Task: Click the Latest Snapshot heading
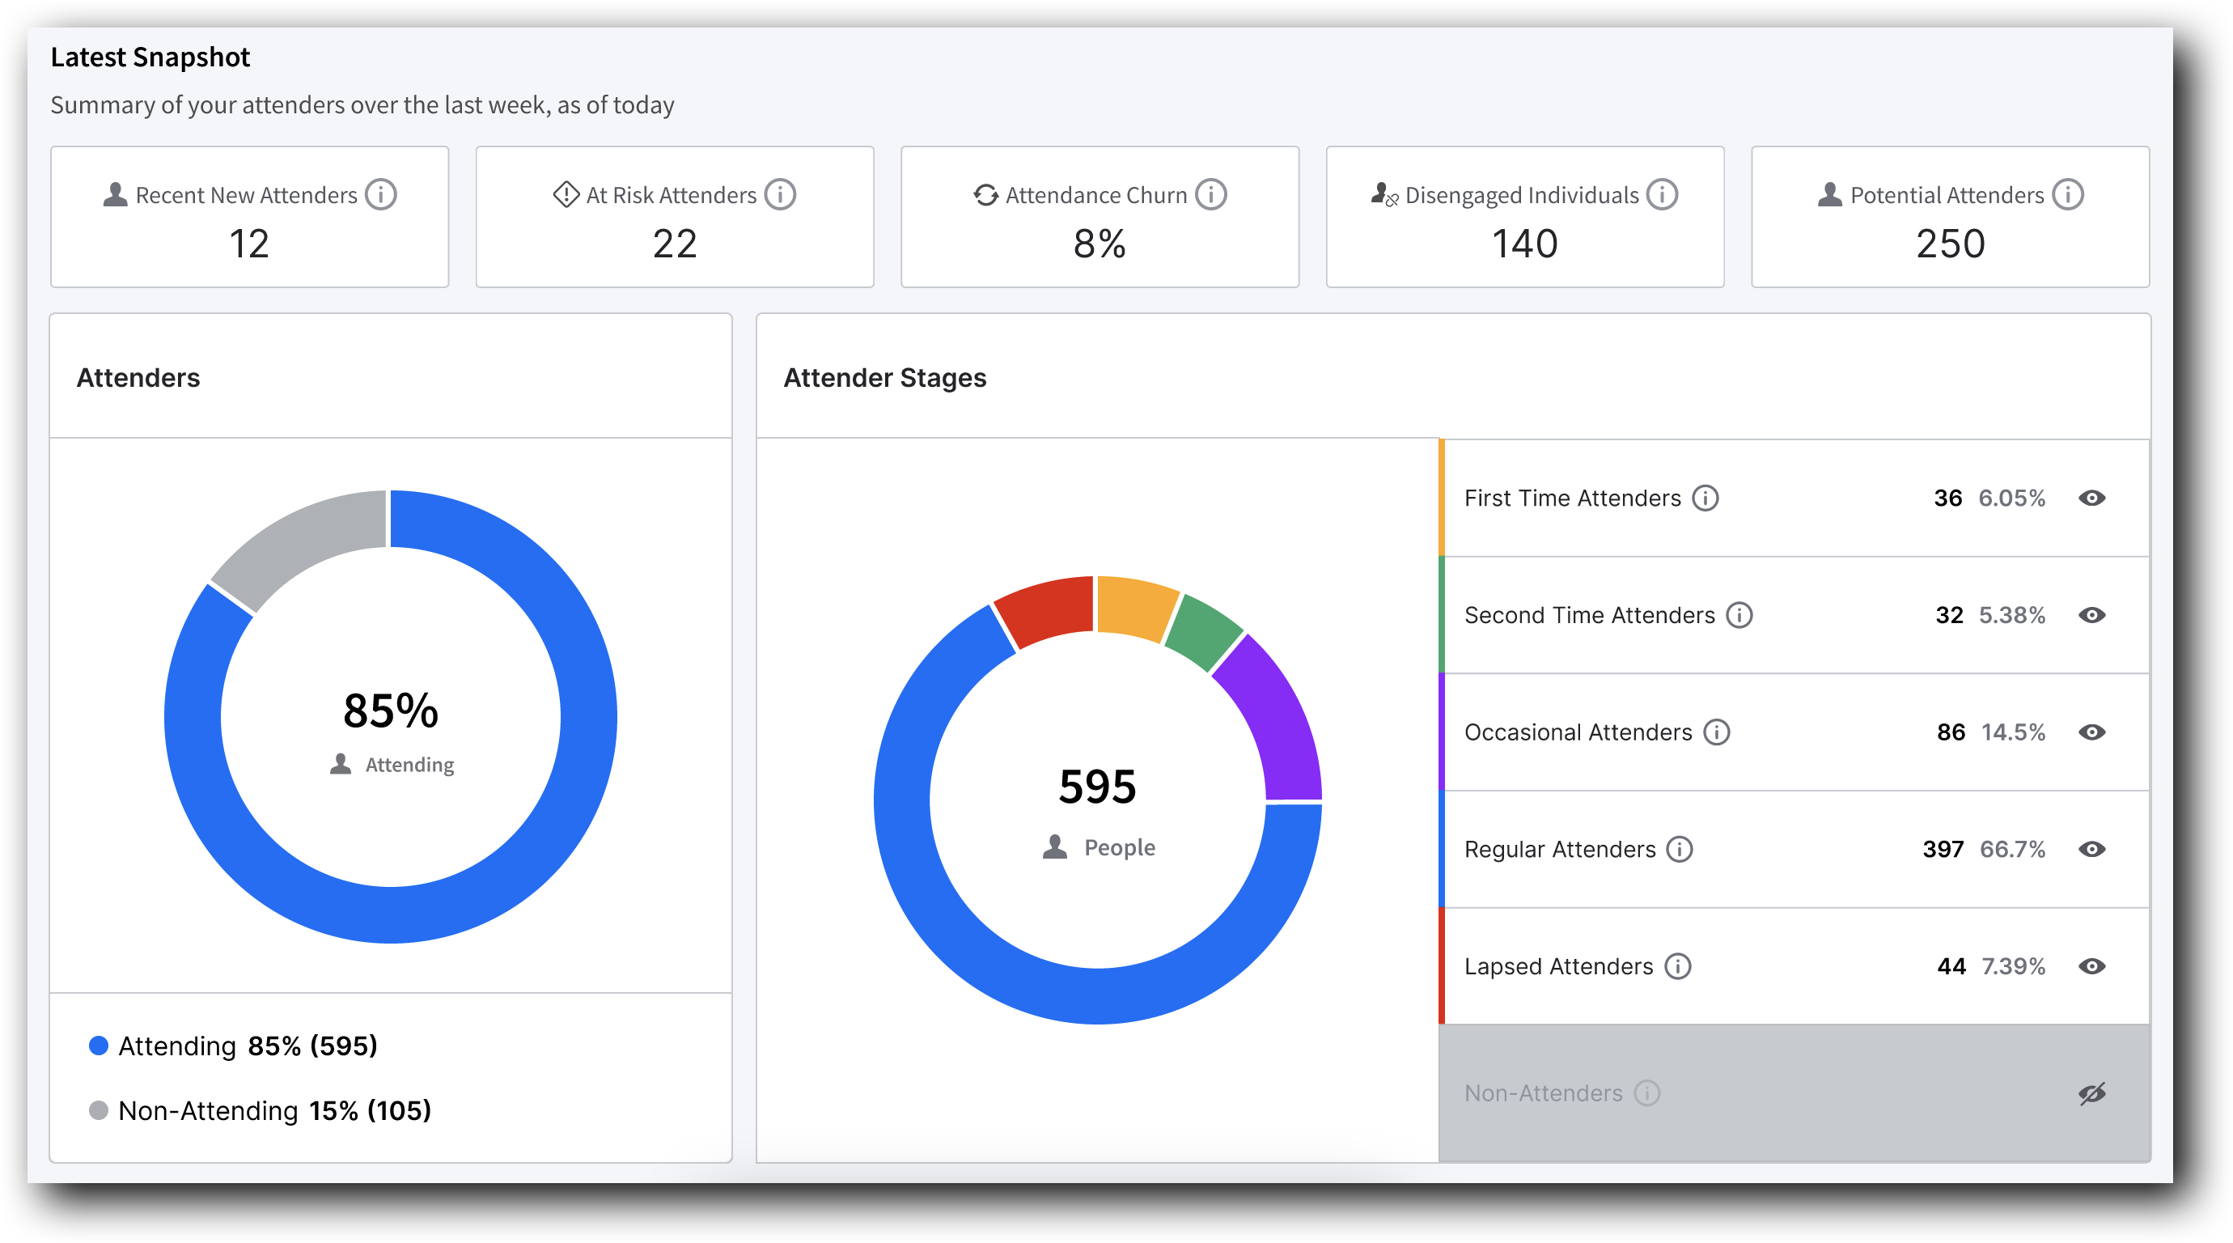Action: click(x=150, y=57)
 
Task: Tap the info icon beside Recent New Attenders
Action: click(x=380, y=194)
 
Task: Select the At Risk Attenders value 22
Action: click(x=675, y=244)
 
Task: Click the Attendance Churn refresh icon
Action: click(x=985, y=195)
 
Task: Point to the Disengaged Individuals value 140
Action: click(x=1524, y=244)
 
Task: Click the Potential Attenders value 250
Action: click(x=1950, y=244)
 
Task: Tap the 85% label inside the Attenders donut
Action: click(x=390, y=711)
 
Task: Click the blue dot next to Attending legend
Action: click(x=99, y=1046)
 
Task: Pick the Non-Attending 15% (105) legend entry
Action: click(x=274, y=1110)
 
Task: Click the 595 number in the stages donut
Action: click(x=1096, y=787)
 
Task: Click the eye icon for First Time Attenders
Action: click(x=2091, y=498)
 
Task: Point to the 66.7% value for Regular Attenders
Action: click(x=2011, y=849)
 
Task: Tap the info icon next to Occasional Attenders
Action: click(x=1715, y=732)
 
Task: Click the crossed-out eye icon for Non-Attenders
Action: click(x=2091, y=1093)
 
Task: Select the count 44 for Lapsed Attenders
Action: click(x=1951, y=965)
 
